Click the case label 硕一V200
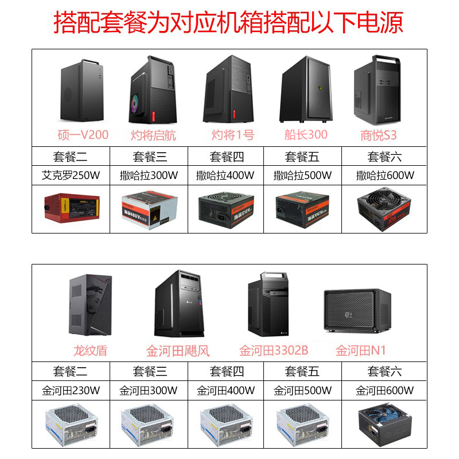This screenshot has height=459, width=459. (83, 135)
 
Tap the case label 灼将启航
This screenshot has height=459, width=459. (154, 135)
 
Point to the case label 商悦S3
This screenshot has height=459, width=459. (378, 135)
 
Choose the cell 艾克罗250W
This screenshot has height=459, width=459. (71, 175)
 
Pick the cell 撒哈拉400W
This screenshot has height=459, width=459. (225, 175)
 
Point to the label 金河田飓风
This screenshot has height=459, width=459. (178, 350)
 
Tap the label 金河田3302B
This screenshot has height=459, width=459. (274, 350)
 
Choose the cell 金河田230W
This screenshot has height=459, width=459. (71, 391)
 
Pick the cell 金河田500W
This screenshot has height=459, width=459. (302, 391)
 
